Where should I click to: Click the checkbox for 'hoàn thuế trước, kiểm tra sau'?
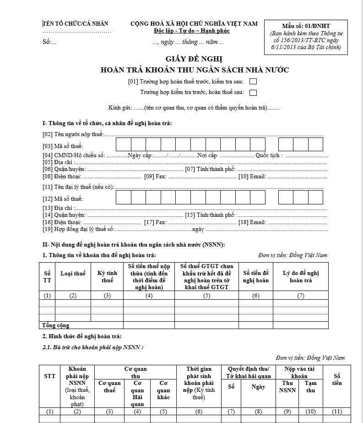click(253, 82)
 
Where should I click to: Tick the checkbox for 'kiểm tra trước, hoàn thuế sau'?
click(253, 93)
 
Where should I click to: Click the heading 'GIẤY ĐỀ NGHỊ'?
click(194, 59)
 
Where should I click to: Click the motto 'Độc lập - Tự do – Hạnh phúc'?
click(192, 31)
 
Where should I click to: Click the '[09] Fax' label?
click(155, 176)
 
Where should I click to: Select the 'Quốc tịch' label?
click(269, 155)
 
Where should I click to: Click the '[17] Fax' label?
click(155, 222)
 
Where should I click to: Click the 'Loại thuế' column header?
click(73, 274)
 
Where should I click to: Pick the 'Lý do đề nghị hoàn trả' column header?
click(301, 277)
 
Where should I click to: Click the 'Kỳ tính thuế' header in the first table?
click(107, 277)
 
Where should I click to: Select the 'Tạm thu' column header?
click(311, 387)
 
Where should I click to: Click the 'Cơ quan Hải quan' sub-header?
click(138, 394)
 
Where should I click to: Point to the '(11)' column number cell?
click(337, 412)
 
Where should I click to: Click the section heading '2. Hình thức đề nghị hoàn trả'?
click(82, 337)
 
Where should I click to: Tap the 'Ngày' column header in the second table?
click(258, 387)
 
